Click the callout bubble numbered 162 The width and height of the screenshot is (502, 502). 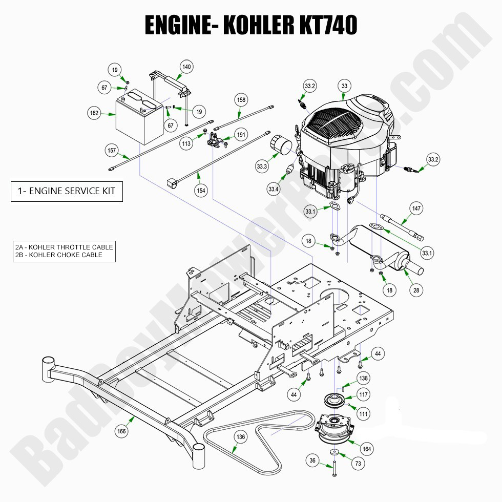coord(94,113)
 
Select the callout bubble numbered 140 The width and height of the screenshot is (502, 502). coord(186,67)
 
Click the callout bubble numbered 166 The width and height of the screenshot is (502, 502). coord(121,431)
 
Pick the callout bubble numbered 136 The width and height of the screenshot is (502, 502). coord(241,437)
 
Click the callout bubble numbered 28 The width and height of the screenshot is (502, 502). coord(416,290)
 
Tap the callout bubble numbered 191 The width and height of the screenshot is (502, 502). coord(241,135)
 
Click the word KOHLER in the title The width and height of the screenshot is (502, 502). coord(256,25)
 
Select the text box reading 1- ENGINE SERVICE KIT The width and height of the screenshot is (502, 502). coord(67,192)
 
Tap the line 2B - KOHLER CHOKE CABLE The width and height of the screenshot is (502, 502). coord(59,255)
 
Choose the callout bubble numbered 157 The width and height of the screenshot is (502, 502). coord(112,151)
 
